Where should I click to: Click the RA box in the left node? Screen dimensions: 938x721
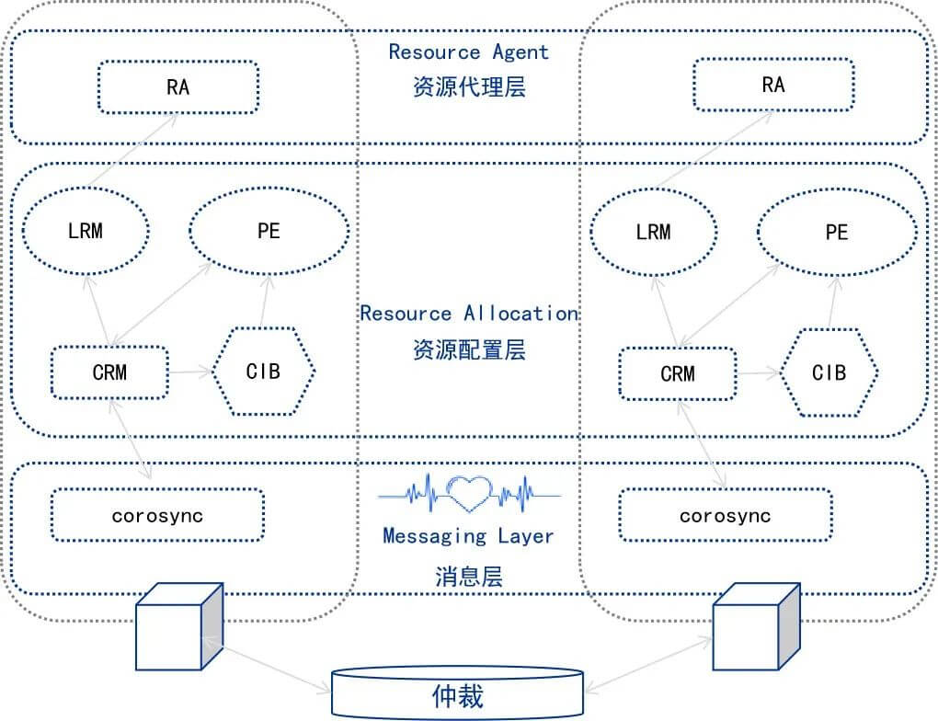pos(178,87)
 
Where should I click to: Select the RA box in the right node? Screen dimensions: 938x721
pos(773,85)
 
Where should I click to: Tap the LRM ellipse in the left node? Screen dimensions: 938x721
pos(86,231)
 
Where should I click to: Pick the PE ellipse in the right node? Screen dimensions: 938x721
pos(837,232)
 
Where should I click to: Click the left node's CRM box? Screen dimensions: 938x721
pos(110,372)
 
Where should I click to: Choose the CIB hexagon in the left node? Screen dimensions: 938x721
pos(263,372)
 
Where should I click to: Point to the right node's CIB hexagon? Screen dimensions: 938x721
pos(829,372)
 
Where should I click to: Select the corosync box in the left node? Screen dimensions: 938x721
pos(157,515)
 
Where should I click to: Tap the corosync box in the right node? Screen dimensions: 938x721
pos(725,515)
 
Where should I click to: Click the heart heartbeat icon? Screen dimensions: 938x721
pos(470,494)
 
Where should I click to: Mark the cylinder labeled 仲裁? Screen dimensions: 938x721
pos(458,693)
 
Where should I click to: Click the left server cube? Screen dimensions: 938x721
pos(179,626)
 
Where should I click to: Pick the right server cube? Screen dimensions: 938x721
pos(756,626)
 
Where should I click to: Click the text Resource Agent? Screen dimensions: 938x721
pos(468,52)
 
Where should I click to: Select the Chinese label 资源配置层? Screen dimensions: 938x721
pos(469,349)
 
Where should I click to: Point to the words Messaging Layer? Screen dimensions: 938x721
pos(468,536)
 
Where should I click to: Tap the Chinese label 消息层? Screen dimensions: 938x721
pos(469,577)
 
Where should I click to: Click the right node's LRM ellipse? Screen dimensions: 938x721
pos(654,232)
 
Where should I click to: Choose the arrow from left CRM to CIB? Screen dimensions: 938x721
pos(191,372)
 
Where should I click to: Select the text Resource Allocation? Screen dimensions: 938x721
pos(469,314)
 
